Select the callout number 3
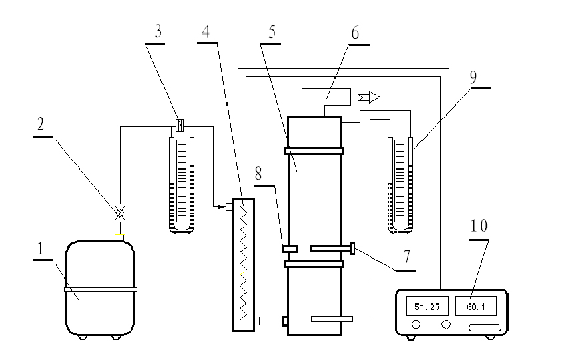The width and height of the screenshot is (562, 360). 158,32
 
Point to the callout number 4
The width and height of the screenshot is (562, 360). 206,32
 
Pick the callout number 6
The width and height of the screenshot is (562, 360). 355,33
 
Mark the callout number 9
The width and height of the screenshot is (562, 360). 473,76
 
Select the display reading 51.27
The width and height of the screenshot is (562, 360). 425,307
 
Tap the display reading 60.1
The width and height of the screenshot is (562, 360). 475,307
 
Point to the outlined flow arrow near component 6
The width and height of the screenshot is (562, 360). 369,98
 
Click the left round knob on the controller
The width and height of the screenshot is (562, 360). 416,325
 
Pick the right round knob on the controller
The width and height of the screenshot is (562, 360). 446,325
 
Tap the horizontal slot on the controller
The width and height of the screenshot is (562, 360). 484,327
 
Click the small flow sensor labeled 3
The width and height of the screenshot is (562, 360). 179,124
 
